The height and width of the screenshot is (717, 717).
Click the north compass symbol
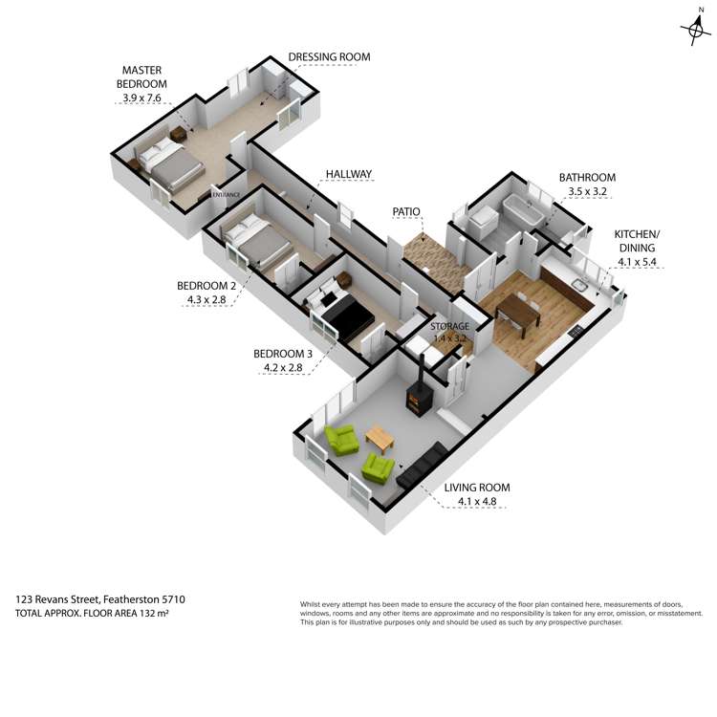click(x=695, y=31)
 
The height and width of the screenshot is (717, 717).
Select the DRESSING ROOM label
click(x=329, y=57)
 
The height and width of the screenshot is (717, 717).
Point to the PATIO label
click(x=407, y=211)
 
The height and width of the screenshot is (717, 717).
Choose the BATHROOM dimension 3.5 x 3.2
click(x=587, y=191)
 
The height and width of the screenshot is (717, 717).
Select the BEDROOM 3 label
click(x=282, y=353)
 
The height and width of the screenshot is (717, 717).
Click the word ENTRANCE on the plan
click(x=226, y=195)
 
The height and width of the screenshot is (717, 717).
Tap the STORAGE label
click(x=448, y=327)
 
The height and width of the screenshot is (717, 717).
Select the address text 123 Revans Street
click(x=62, y=599)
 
